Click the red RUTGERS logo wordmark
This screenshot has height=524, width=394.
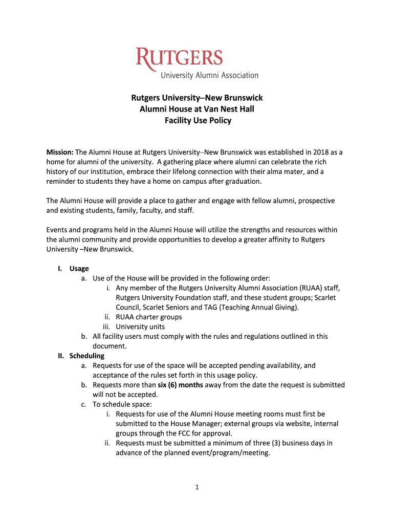pos(179,58)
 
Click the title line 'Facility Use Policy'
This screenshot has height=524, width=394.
pos(198,121)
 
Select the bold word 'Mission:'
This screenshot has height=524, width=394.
pos(60,152)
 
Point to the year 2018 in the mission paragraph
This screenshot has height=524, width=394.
pos(319,152)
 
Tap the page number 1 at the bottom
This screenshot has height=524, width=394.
pos(196,487)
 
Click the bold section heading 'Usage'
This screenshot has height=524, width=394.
pos(79,269)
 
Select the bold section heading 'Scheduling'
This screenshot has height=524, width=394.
pos(87,356)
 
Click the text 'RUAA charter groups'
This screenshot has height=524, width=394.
pos(149,317)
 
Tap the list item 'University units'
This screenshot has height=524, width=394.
pos(140,326)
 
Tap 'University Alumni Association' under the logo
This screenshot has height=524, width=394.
pos(210,76)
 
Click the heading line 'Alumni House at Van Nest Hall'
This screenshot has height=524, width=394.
pos(198,109)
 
